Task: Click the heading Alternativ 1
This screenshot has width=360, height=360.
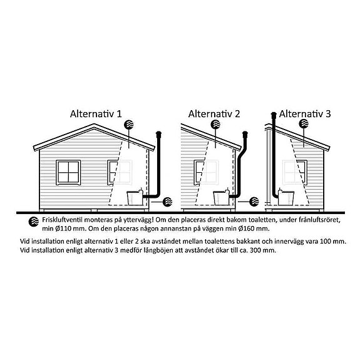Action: point(96,114)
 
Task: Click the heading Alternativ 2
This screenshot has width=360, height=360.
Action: point(214,114)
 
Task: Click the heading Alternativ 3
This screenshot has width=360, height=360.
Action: point(305,114)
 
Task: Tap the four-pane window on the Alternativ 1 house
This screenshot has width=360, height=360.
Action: point(68,173)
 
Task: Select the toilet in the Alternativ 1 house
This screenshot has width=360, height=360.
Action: point(135,197)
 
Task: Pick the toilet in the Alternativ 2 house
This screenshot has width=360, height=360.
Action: point(222,197)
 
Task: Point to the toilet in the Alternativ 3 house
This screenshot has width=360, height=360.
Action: point(286,197)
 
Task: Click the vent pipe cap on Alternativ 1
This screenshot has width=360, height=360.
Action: point(159,133)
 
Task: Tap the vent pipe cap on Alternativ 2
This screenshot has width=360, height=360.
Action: point(245,133)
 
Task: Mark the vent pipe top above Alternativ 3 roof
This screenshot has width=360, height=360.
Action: point(274,115)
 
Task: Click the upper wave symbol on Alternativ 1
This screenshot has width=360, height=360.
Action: point(129,124)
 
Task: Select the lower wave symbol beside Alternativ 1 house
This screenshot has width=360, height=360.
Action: point(167,202)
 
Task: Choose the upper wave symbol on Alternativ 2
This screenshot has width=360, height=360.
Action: point(215,124)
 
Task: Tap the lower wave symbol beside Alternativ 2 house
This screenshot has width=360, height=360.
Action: point(254,202)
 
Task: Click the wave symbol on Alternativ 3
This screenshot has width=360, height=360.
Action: point(304,124)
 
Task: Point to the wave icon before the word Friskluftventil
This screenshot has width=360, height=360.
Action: point(34,222)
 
